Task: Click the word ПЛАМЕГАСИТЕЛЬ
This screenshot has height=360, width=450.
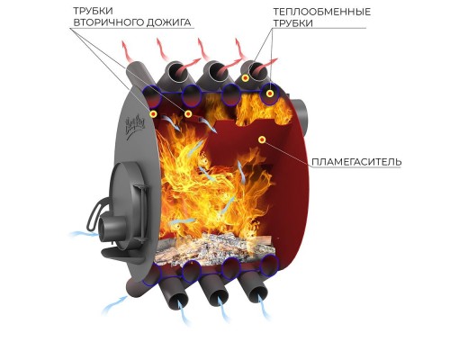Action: pos(356,162)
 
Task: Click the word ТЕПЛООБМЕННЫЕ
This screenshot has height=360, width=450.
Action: pos(322,12)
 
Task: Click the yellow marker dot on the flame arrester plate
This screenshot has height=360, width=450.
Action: pos(262,139)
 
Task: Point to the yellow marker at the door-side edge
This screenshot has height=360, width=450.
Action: pos(154,114)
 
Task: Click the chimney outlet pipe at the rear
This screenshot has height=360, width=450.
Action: pos(301,113)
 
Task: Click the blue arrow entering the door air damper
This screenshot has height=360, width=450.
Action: pos(84,234)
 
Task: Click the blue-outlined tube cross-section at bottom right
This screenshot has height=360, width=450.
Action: pos(269,265)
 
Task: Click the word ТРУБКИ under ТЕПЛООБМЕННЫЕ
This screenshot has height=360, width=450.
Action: pos(293,23)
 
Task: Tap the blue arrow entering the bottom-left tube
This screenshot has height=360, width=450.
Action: pos(114,303)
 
